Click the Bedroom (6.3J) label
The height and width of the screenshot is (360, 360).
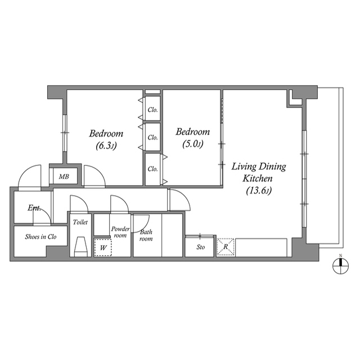click(x=106, y=139)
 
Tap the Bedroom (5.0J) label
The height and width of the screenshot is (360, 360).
click(x=192, y=138)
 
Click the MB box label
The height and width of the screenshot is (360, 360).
click(x=65, y=177)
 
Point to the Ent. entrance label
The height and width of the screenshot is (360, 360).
click(x=35, y=208)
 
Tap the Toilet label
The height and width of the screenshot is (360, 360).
click(x=80, y=222)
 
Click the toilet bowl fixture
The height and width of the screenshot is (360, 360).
click(x=80, y=246)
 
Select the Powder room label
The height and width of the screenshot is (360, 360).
click(x=120, y=232)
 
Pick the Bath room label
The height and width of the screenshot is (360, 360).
click(x=146, y=235)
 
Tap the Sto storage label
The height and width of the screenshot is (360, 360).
click(x=200, y=247)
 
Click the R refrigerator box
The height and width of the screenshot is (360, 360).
click(x=225, y=247)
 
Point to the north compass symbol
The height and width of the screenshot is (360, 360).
click(x=340, y=267)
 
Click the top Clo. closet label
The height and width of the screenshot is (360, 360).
click(x=152, y=110)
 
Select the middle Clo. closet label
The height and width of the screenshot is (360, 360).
click(x=152, y=137)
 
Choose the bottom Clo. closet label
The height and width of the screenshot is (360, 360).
click(x=152, y=169)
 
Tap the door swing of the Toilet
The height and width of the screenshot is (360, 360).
click(x=77, y=202)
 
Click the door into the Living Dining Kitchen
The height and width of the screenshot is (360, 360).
click(x=177, y=199)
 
